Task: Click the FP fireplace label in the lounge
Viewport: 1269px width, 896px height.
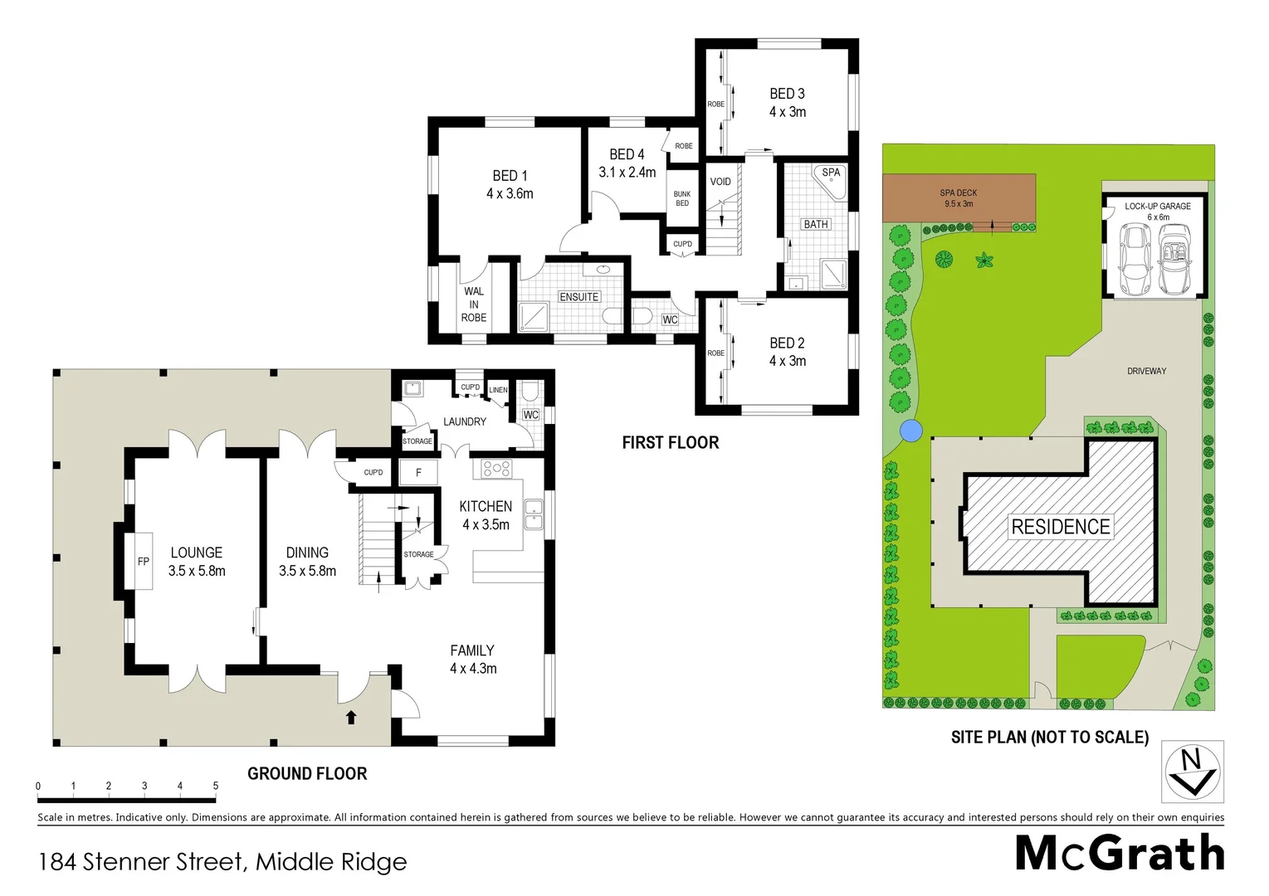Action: (x=144, y=562)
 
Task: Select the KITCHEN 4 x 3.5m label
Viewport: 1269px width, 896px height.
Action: (x=486, y=514)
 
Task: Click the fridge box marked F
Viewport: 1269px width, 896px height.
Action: (x=418, y=472)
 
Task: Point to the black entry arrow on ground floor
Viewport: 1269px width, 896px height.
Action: (x=351, y=717)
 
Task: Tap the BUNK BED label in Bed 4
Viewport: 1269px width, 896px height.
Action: (x=682, y=198)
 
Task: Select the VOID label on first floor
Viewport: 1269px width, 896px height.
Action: (x=720, y=182)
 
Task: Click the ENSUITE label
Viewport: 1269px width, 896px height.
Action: (x=578, y=297)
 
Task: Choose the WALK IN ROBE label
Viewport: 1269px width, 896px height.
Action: (x=474, y=304)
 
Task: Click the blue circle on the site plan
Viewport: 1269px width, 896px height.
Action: (x=911, y=431)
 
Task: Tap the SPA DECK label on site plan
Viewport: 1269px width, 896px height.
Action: (x=959, y=197)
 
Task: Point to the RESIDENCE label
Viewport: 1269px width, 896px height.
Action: (x=1060, y=527)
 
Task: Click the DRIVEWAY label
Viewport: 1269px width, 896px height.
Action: (x=1146, y=371)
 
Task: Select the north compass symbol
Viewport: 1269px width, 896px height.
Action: (x=1192, y=772)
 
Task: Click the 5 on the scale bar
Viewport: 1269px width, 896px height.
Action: (x=216, y=786)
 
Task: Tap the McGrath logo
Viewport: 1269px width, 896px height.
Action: (x=1120, y=853)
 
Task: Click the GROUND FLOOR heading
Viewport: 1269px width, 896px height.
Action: (x=307, y=773)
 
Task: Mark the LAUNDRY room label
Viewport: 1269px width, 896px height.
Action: (x=464, y=421)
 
